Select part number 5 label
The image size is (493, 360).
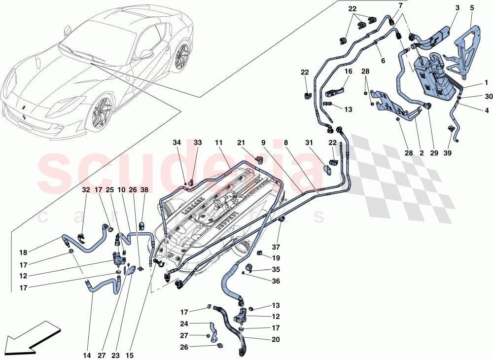(472, 8)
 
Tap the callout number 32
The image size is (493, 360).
(86, 188)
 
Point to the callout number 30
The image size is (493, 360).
(474, 96)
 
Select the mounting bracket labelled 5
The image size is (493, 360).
(466, 49)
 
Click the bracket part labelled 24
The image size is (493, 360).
(213, 332)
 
